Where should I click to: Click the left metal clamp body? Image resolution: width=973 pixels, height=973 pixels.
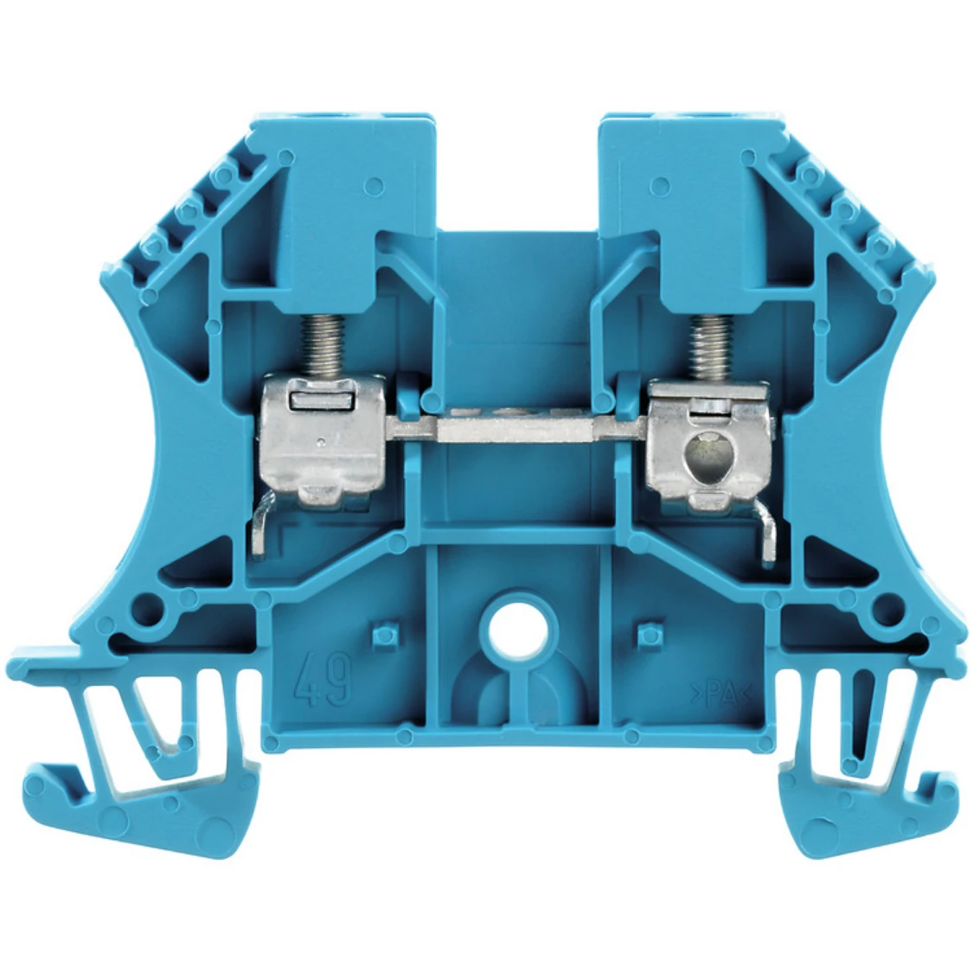click(x=319, y=440)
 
